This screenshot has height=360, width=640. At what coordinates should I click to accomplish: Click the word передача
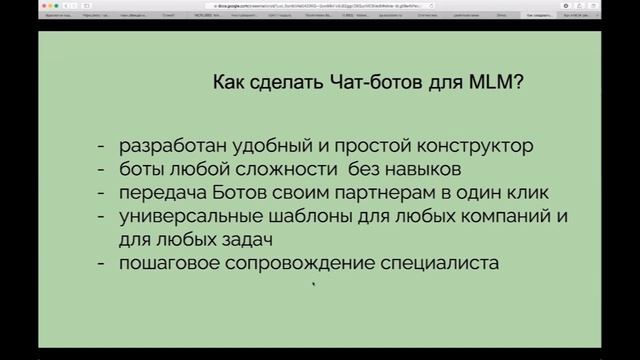160,192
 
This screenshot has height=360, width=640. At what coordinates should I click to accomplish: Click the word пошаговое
168,264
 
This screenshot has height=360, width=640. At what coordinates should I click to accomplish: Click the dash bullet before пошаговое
103,264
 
